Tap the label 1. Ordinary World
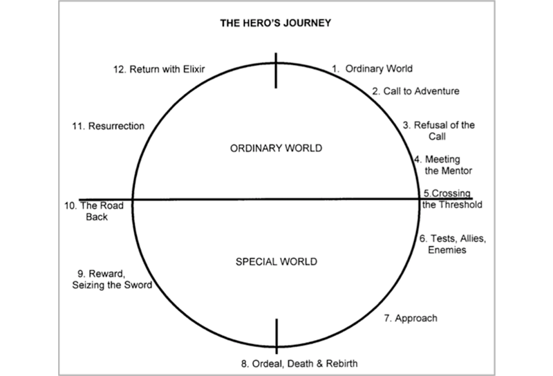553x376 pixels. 372,69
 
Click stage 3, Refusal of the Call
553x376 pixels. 438,131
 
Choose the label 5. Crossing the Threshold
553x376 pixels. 451,199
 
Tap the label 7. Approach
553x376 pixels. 411,319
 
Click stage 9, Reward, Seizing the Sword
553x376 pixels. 111,279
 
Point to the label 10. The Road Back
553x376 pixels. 97,210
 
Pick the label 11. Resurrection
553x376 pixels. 107,126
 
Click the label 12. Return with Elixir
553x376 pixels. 160,69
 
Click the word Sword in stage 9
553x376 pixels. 136,285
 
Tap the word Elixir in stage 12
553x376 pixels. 194,69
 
